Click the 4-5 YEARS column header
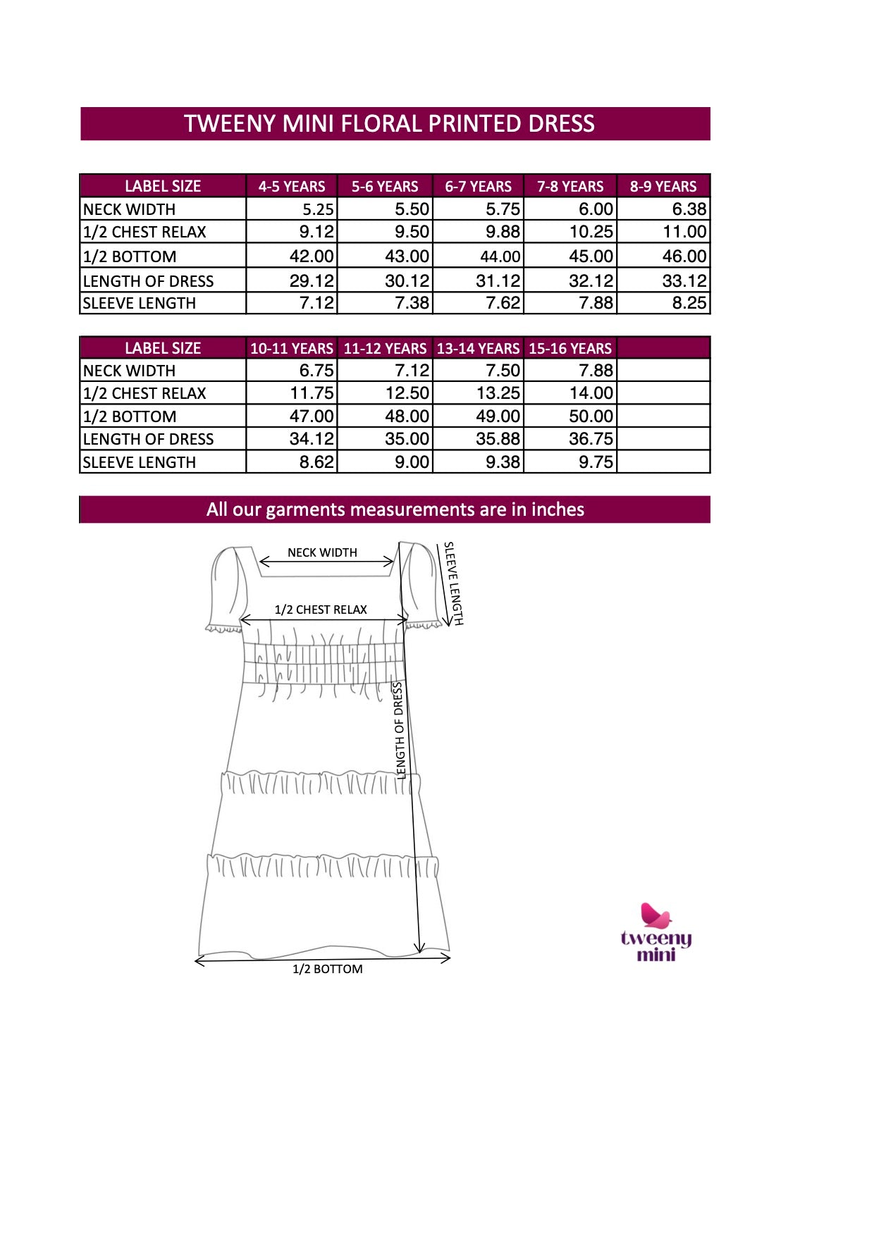tap(292, 187)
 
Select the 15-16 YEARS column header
tap(570, 349)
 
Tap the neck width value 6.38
tap(689, 209)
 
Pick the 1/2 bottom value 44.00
tap(500, 257)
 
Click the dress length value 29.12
tap(312, 281)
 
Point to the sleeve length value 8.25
tap(689, 303)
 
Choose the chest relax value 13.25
tap(498, 393)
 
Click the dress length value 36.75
tap(591, 439)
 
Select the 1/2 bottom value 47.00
tap(312, 416)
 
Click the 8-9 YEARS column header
tap(663, 187)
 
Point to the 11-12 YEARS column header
tap(385, 349)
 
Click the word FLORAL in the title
tap(381, 124)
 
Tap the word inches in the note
tap(558, 509)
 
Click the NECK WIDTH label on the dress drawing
tap(322, 552)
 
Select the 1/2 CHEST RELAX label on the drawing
tap(321, 610)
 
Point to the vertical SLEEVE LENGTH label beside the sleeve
tap(453, 583)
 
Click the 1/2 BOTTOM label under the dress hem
tap(328, 970)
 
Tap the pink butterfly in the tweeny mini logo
tap(655, 915)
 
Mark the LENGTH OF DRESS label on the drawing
tap(400, 730)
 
